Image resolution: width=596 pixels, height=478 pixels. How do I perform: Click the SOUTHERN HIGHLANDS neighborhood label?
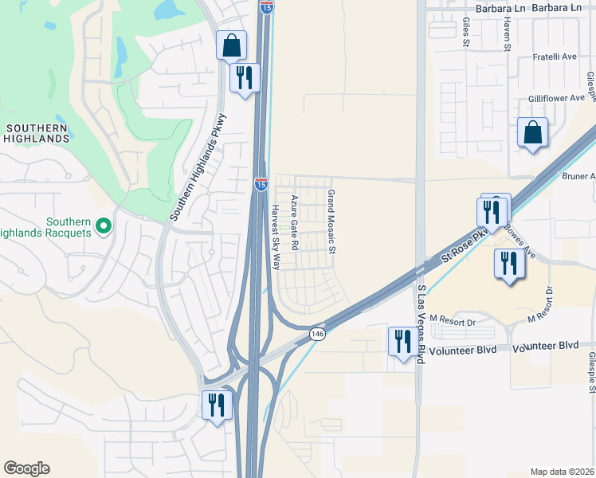pyautogui.click(x=37, y=133)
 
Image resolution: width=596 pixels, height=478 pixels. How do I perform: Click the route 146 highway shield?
pyautogui.click(x=318, y=333)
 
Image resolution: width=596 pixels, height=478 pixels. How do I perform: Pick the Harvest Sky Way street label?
pyautogui.click(x=276, y=237)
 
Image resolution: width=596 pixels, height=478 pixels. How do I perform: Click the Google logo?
pyautogui.click(x=26, y=468)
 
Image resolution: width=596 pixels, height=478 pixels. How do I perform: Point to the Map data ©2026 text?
pyautogui.click(x=562, y=472)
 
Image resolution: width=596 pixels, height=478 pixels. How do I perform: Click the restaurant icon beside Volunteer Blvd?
pyautogui.click(x=401, y=341)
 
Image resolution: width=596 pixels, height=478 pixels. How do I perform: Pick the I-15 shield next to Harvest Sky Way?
pyautogui.click(x=261, y=184)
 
